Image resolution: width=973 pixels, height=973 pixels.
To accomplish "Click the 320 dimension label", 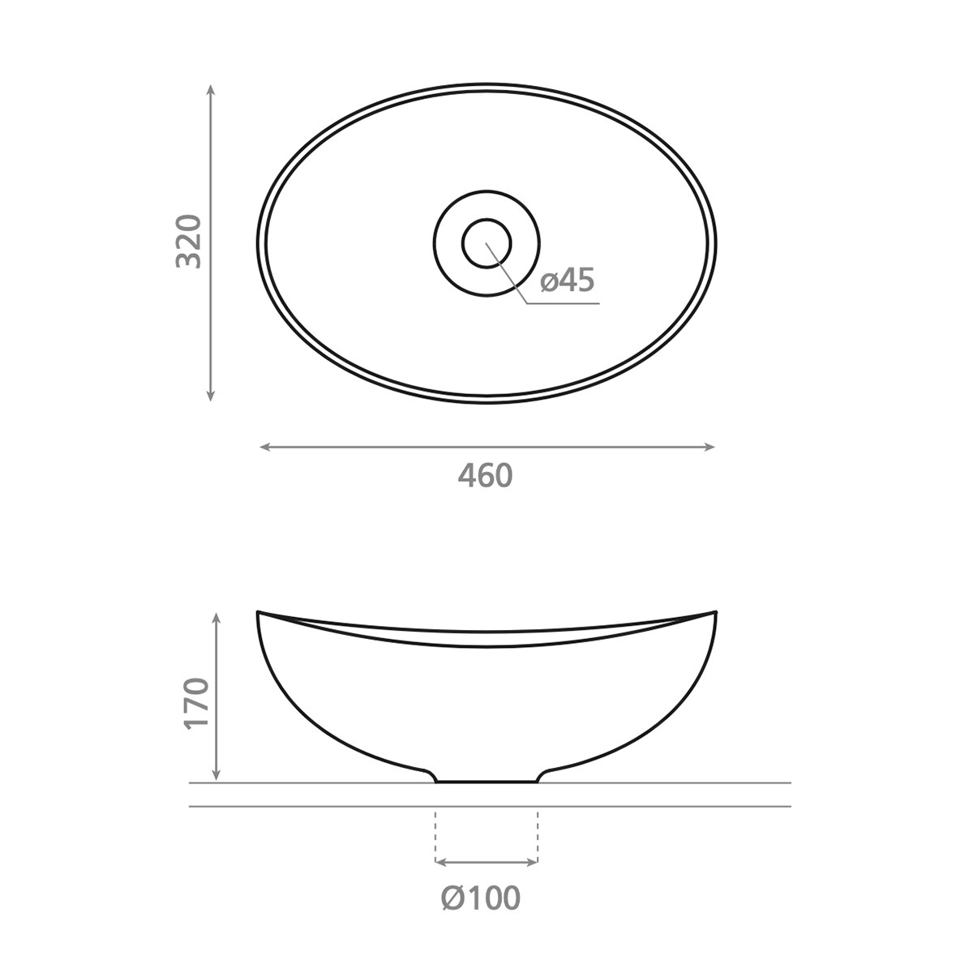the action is point(188,242).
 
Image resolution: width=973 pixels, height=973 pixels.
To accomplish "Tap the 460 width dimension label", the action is point(485,475).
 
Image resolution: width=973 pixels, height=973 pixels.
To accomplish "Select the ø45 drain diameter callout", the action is point(567,280).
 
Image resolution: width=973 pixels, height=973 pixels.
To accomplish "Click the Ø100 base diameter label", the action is point(481,898).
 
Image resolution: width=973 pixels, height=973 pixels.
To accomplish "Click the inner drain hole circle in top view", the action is point(486,244).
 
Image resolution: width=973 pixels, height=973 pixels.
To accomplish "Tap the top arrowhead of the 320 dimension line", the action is point(211,90).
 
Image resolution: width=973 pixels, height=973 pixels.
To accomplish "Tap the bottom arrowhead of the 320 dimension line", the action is point(211,395).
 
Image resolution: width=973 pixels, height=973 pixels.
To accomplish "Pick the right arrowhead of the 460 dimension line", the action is point(709,447).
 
